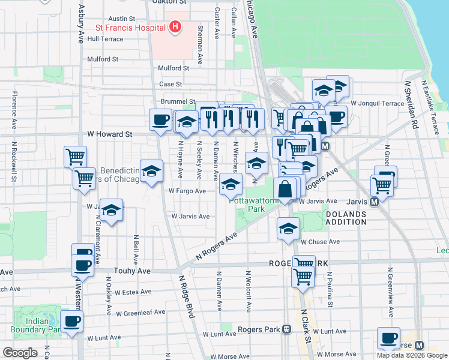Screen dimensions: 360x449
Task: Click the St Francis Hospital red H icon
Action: coord(175,26)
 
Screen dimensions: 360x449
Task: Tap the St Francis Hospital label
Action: coord(130,28)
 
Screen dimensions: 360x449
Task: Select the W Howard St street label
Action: coord(109,134)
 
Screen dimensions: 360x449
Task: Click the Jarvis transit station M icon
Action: coord(374,203)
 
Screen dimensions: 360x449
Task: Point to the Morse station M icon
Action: coord(419,346)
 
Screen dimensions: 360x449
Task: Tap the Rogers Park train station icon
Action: coord(286,329)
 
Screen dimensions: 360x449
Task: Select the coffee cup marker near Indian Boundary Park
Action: coord(73,323)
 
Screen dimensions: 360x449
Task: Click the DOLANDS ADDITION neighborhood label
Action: coord(346,218)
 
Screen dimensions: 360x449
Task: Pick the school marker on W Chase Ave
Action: coord(288,229)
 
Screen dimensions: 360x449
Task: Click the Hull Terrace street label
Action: coord(105,39)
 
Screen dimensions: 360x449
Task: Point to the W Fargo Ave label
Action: coord(187,191)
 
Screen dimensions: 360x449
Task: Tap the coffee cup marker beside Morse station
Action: coord(388,338)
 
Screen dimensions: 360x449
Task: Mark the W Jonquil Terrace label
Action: coord(378,103)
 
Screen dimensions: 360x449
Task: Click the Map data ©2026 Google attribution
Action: coord(412,355)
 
